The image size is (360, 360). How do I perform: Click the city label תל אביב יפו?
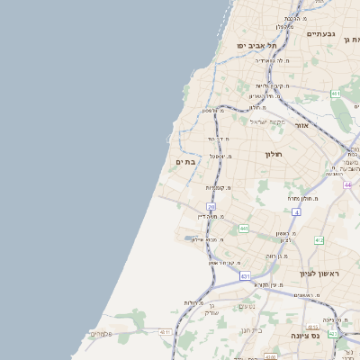click(x=256, y=45)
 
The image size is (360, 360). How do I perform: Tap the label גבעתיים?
click(x=320, y=33)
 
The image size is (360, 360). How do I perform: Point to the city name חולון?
click(x=274, y=155)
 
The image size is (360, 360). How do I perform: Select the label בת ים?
click(x=182, y=162)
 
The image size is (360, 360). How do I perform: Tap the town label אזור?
click(x=301, y=125)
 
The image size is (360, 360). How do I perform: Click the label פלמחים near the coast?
click(x=102, y=334)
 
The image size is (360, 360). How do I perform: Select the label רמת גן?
click(x=351, y=40)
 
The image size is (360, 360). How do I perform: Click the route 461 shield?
click(x=336, y=94)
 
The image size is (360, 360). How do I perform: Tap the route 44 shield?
click(x=348, y=184)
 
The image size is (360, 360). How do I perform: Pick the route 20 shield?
click(x=211, y=207)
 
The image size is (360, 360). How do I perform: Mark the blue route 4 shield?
click(x=295, y=211)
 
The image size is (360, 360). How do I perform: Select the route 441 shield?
click(x=243, y=229)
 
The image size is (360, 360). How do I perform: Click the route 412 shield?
click(x=319, y=240)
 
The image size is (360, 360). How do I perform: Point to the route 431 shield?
click(x=245, y=276)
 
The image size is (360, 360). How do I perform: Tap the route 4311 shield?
click(x=165, y=332)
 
